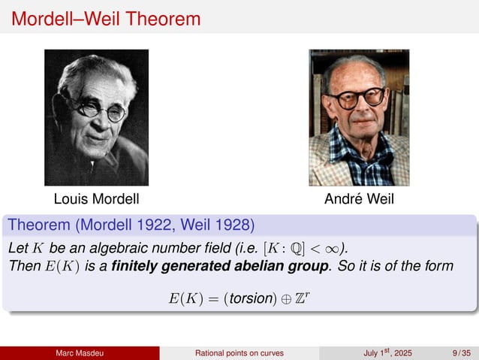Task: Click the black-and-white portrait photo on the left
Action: (x=96, y=117)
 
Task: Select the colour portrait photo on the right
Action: (x=359, y=117)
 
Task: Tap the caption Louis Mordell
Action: (x=96, y=200)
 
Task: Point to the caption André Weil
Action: (x=359, y=200)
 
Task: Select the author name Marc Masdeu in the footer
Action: (x=80, y=353)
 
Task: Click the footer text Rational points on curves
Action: (x=239, y=353)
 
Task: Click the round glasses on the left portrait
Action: (x=98, y=107)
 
